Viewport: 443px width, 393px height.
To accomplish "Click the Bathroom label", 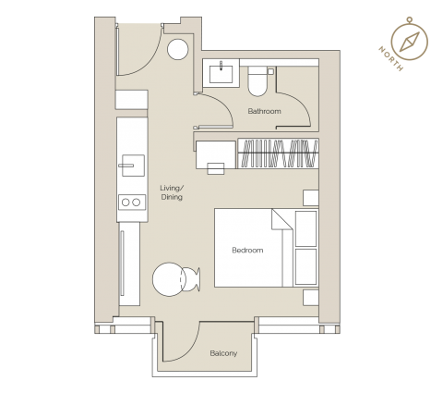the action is [264, 111].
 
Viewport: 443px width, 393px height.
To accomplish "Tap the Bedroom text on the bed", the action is [247, 250].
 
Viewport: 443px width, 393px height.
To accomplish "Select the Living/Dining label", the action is [172, 192].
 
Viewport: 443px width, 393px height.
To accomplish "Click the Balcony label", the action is [223, 353].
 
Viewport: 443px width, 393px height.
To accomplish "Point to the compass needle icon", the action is [410, 41].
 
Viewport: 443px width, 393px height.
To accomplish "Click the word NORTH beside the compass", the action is [390, 58].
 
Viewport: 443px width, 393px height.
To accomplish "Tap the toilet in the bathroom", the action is [257, 81].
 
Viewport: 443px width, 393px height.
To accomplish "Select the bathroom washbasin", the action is [221, 73].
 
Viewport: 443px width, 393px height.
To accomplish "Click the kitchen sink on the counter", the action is [133, 166].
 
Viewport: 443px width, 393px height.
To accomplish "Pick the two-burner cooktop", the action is [132, 203].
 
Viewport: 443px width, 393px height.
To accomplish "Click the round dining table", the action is [169, 279].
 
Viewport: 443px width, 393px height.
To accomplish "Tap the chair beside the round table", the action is [191, 279].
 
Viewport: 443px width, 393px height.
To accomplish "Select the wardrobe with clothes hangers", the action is [278, 154].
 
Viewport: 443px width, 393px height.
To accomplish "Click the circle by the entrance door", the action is [178, 49].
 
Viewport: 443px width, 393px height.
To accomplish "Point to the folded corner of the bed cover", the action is [281, 219].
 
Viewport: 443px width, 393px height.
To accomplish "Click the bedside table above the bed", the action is [311, 198].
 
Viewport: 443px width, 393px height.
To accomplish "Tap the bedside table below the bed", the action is [311, 298].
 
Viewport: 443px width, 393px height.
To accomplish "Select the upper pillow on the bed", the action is [305, 228].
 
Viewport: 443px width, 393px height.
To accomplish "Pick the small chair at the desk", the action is [216, 169].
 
